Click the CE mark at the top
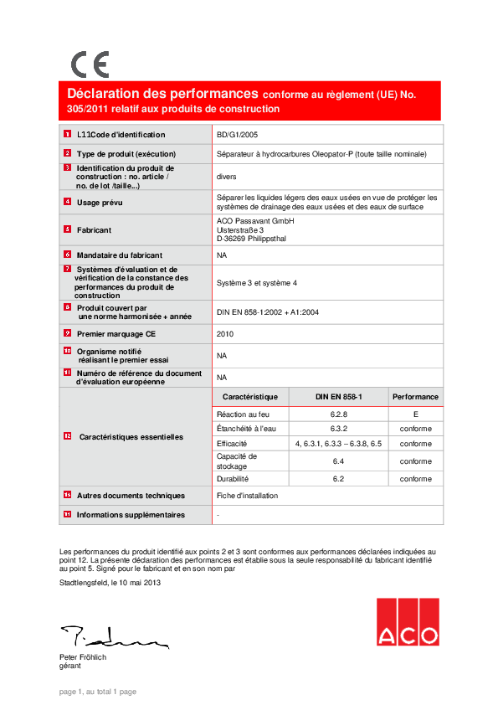pyautogui.click(x=90, y=64)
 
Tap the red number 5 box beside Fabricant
pyautogui.click(x=67, y=229)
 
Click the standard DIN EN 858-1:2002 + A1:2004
pyautogui.click(x=267, y=312)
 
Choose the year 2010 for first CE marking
pyautogui.click(x=225, y=333)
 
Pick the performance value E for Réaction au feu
pyautogui.click(x=415, y=414)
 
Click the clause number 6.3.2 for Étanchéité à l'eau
pyautogui.click(x=339, y=429)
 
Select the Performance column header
pyautogui.click(x=415, y=397)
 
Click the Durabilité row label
pyautogui.click(x=233, y=479)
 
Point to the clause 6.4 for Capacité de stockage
pyautogui.click(x=339, y=461)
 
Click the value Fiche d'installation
pyautogui.click(x=247, y=496)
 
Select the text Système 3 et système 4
pyautogui.click(x=257, y=283)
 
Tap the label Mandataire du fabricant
pyautogui.click(x=119, y=255)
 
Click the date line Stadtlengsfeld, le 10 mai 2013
pyautogui.click(x=110, y=583)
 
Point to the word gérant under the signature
pyautogui.click(x=70, y=666)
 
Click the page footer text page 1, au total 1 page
pyautogui.click(x=98, y=692)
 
